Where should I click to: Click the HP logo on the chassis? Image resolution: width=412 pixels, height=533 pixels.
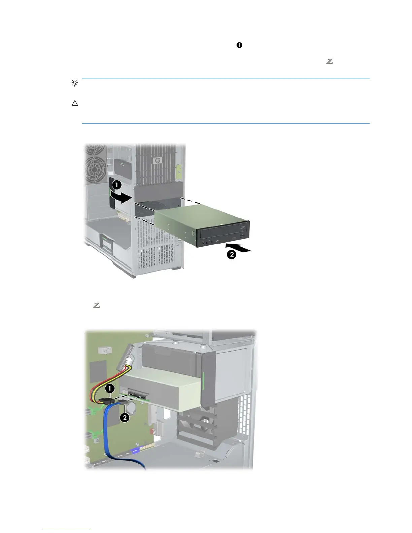tap(157, 161)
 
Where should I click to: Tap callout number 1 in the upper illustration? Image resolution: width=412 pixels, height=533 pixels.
tap(116, 185)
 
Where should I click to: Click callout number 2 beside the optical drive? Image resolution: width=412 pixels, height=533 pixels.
tap(231, 254)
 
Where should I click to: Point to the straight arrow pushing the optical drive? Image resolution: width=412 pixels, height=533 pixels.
tap(241, 249)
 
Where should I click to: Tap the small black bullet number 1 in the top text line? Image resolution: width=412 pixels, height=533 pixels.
tap(239, 45)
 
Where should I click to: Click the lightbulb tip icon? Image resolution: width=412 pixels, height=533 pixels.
tap(75, 83)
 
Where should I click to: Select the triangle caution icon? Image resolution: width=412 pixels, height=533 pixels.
tap(75, 103)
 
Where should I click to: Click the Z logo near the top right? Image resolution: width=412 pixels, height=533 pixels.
tap(329, 61)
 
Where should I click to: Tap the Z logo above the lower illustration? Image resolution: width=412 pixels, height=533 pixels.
tap(96, 305)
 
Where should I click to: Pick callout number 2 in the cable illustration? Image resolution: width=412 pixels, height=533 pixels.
tap(125, 418)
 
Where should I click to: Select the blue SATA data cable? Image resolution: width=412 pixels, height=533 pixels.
tap(111, 434)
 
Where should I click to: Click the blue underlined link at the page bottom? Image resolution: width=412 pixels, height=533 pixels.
tap(67, 530)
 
